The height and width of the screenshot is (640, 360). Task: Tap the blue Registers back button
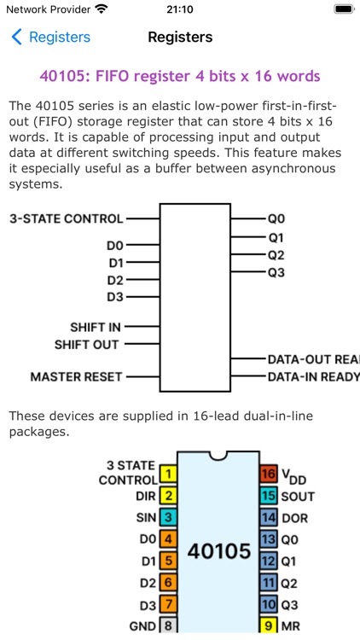(50, 38)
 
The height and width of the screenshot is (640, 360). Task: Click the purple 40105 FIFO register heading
(180, 76)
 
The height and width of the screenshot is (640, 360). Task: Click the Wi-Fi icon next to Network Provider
(102, 9)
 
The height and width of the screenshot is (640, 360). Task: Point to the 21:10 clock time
(179, 10)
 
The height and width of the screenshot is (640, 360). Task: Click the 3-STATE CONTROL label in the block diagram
(66, 218)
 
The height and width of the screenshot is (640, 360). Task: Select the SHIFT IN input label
(95, 327)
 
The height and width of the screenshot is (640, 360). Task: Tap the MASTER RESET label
(76, 376)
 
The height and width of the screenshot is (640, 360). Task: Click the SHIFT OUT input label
(86, 345)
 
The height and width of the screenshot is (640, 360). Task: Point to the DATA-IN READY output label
(313, 376)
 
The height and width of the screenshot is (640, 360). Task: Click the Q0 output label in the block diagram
(276, 218)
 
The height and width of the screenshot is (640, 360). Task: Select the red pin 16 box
(268, 474)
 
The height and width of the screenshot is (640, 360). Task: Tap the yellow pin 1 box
(168, 474)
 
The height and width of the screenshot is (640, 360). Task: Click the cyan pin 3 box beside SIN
(168, 517)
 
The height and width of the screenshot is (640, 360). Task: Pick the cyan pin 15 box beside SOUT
(268, 496)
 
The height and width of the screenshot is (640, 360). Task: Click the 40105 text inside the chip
(218, 550)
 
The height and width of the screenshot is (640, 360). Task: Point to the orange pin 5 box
(168, 561)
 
